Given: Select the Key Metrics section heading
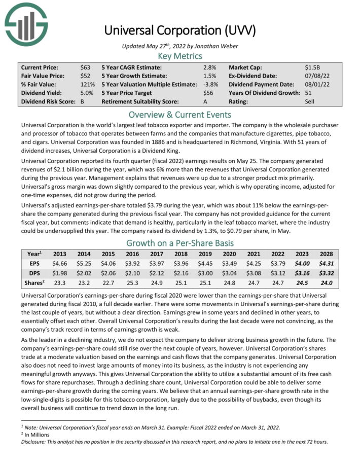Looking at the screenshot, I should (180, 56).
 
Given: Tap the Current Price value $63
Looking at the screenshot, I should (85, 67).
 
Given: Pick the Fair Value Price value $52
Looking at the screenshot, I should (85, 76).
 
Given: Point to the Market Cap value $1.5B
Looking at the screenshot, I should (312, 67).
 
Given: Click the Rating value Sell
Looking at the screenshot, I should (310, 102).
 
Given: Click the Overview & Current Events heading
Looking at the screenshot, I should (180, 114).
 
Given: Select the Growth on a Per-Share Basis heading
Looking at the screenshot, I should (180, 242).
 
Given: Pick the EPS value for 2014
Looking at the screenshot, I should (84, 263).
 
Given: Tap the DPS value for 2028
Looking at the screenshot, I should (327, 273).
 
